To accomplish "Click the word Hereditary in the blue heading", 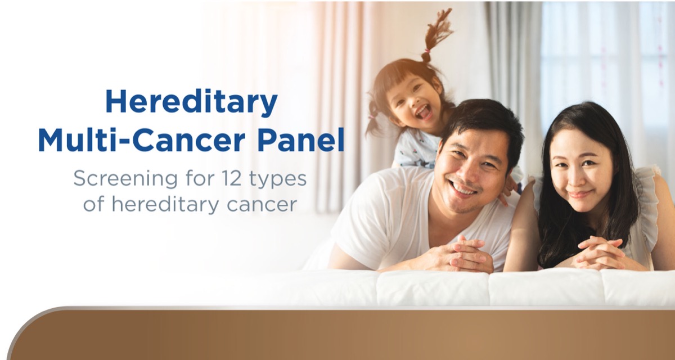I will point(191,103).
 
